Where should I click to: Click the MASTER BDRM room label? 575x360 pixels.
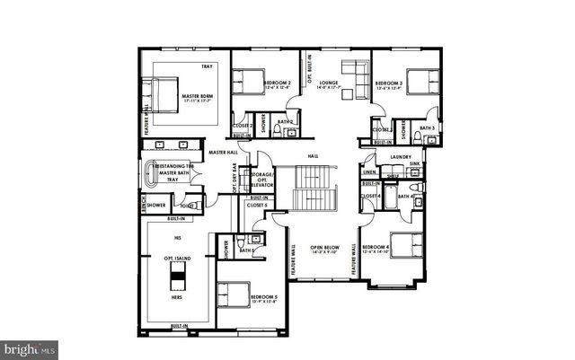[196, 96]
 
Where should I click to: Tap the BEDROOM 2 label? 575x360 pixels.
[277, 83]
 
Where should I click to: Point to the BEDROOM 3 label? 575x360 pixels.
[389, 83]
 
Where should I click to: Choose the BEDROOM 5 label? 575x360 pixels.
[264, 295]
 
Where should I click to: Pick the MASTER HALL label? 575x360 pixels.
[222, 153]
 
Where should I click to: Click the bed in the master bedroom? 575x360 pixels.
[164, 93]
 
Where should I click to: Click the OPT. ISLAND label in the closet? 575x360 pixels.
[175, 259]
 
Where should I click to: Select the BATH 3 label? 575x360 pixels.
[427, 128]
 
